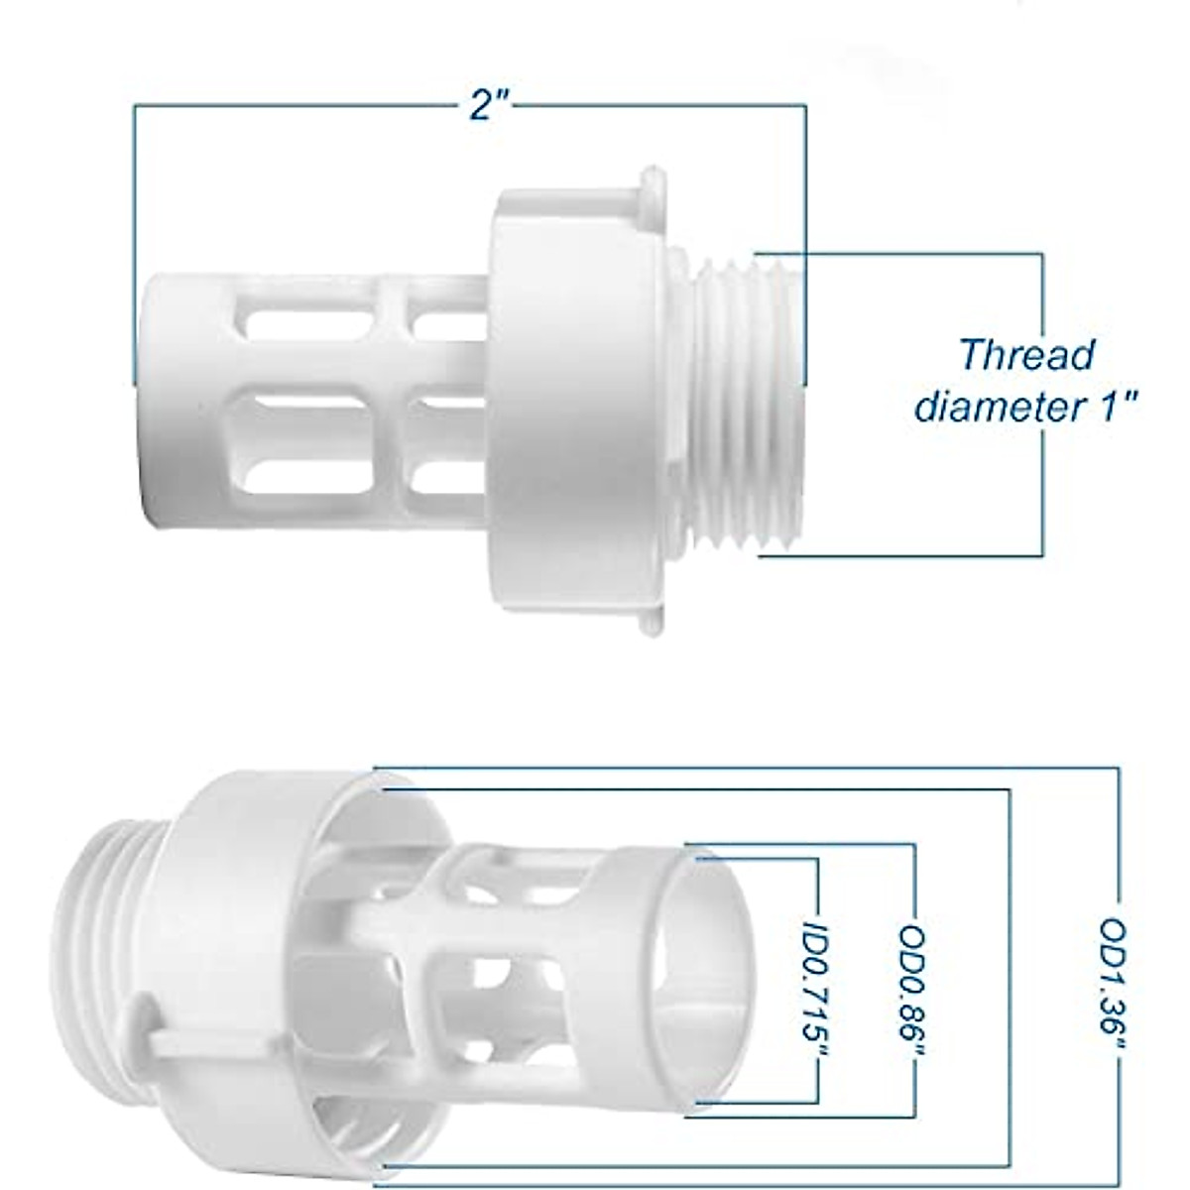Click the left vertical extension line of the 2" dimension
click(134, 238)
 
